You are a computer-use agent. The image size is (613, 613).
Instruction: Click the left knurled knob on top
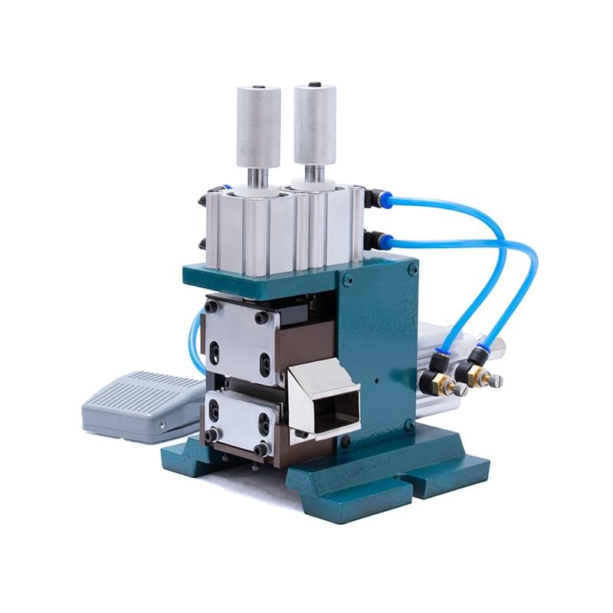tap(257, 126)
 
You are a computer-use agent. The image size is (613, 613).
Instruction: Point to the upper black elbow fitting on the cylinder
tap(375, 199)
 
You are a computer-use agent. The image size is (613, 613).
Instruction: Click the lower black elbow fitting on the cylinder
tap(375, 241)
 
